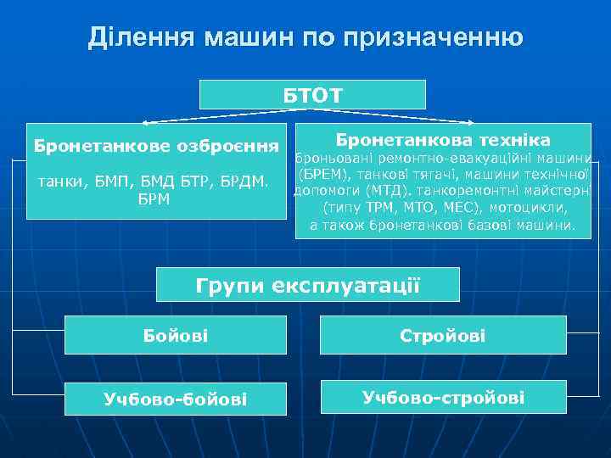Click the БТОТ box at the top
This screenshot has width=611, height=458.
312,94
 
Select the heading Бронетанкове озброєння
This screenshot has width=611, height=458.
156,146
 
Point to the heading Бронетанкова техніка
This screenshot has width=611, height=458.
443,139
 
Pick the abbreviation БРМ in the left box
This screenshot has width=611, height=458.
154,199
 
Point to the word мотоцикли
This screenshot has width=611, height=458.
533,208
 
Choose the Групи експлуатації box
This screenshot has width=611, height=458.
307,284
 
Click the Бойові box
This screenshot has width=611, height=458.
176,337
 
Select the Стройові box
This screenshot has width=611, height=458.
443,336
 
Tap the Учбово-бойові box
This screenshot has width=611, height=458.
176,398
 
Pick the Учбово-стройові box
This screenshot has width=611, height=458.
443,397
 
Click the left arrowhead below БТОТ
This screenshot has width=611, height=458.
145,123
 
